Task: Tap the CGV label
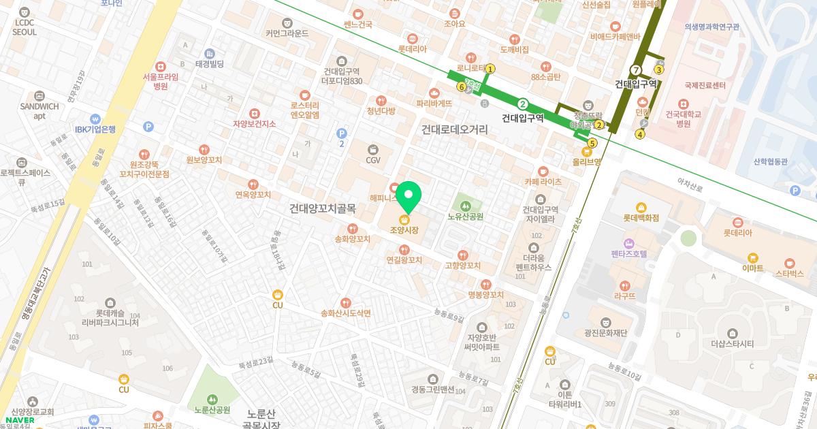[x=373, y=160]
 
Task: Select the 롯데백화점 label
[x=641, y=219]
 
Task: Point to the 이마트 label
[x=752, y=268]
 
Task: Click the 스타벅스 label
[x=790, y=273]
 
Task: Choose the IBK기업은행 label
[x=95, y=129]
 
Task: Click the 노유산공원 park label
[x=466, y=217]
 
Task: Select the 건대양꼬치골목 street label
[x=322, y=208]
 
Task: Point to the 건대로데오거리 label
[x=454, y=129]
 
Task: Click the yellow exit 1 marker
[x=490, y=69]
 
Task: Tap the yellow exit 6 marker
[x=462, y=86]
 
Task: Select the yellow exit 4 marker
[x=639, y=133]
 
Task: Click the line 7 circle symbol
[x=636, y=70]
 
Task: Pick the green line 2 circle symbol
[x=523, y=104]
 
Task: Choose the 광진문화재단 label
[x=605, y=332]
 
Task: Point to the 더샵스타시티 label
[x=732, y=343]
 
